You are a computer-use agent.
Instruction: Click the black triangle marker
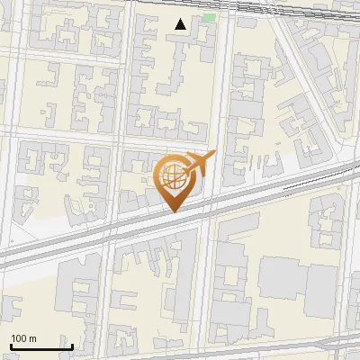click(x=182, y=24)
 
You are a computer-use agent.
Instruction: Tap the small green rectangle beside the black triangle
click(x=210, y=17)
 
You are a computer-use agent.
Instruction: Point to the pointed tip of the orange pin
click(x=175, y=212)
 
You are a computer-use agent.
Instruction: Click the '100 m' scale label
click(x=23, y=339)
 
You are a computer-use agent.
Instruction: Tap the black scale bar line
click(x=41, y=346)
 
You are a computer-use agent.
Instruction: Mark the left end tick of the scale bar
click(x=11, y=345)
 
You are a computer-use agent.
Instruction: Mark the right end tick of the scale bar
click(x=72, y=345)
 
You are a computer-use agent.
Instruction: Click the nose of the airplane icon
click(x=213, y=155)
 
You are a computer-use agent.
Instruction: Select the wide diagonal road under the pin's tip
click(x=135, y=230)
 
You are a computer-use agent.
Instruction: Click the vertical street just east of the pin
click(x=211, y=108)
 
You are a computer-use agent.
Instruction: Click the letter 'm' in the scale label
click(x=33, y=339)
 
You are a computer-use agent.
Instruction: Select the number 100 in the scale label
click(x=19, y=339)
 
